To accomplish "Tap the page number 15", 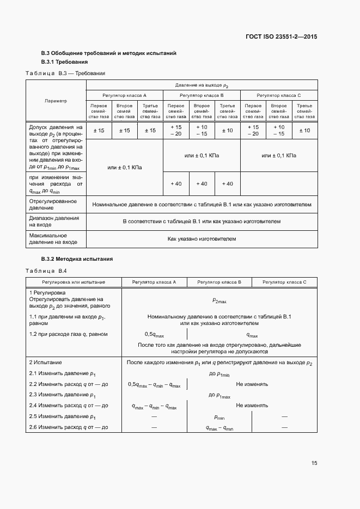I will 314,463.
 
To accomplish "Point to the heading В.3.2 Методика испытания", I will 77,259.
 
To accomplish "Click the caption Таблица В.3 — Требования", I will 65,73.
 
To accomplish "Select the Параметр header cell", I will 56,101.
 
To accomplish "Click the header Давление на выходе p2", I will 202,85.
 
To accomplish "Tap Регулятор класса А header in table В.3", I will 125,95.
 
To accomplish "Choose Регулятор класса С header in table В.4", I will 284,282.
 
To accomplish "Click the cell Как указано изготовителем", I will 202,238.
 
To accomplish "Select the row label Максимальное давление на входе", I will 53,238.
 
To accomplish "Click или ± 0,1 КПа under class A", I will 125,168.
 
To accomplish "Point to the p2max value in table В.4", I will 219,301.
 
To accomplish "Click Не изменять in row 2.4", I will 252,406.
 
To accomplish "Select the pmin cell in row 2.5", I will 219,417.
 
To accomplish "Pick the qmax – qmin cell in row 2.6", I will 219,428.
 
